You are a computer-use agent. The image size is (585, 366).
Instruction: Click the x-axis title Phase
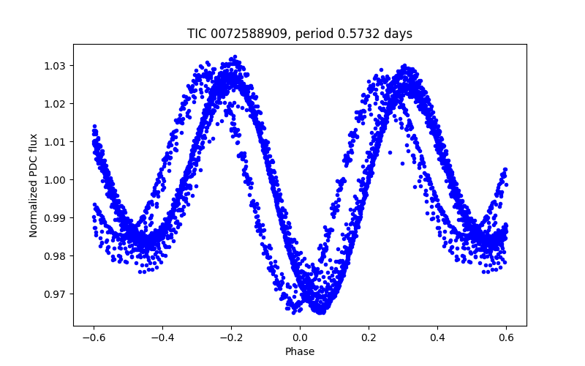[x=300, y=351]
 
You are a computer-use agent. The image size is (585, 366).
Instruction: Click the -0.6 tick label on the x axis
[x=94, y=337]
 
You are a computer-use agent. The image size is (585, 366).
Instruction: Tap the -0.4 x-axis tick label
[x=162, y=337]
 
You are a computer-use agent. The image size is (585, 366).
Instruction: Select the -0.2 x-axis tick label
[x=231, y=337]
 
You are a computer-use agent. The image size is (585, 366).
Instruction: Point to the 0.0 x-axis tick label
[x=300, y=337]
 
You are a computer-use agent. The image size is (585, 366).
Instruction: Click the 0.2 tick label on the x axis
[x=369, y=337]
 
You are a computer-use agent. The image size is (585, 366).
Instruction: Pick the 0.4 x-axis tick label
[x=437, y=337]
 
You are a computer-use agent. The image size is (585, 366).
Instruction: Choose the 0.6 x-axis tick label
[x=506, y=337]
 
